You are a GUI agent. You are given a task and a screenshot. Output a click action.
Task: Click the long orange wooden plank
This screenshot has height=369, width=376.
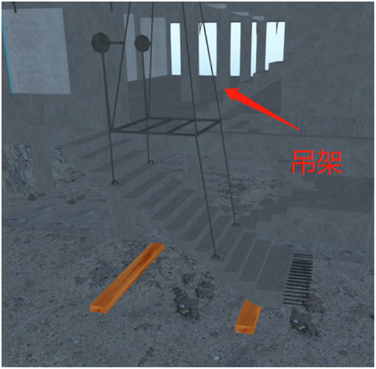[x=127, y=278]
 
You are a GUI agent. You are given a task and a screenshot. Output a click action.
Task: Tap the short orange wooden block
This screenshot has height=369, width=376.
[x=248, y=317]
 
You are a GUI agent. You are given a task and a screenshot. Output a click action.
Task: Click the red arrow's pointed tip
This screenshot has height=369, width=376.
[x=224, y=89]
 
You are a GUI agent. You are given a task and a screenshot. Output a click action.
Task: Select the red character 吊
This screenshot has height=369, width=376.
[x=303, y=162]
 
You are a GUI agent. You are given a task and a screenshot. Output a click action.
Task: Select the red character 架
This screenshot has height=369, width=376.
[x=329, y=162]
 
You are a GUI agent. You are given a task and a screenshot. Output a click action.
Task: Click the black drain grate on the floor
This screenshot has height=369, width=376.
[x=298, y=279]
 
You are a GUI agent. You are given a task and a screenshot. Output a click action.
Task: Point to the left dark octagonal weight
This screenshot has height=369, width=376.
[x=100, y=43]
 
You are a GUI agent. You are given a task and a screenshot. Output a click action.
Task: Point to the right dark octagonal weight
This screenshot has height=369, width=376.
[x=142, y=43]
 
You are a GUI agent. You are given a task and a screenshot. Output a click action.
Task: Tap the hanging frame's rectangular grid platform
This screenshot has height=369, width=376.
[x=165, y=127]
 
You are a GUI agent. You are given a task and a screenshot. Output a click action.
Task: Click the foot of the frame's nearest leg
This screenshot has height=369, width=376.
[x=216, y=257]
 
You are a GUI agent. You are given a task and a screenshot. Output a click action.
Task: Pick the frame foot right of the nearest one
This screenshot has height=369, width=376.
[x=235, y=225]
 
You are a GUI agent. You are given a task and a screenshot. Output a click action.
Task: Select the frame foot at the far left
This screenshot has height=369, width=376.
[x=115, y=183]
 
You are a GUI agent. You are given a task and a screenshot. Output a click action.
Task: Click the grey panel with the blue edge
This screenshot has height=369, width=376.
[x=37, y=51]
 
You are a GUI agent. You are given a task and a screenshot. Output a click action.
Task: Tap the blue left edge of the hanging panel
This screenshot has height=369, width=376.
[x=7, y=55]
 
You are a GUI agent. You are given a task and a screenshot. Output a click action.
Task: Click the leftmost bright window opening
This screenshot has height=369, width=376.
[x=175, y=48]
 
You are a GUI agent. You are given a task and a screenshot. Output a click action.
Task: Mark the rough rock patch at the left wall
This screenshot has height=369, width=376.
[x=16, y=168]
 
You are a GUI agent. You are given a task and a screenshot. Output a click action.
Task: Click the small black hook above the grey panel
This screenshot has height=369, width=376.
[x=15, y=7]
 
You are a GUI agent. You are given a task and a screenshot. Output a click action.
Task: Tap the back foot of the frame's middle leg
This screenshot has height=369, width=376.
[x=150, y=162]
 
